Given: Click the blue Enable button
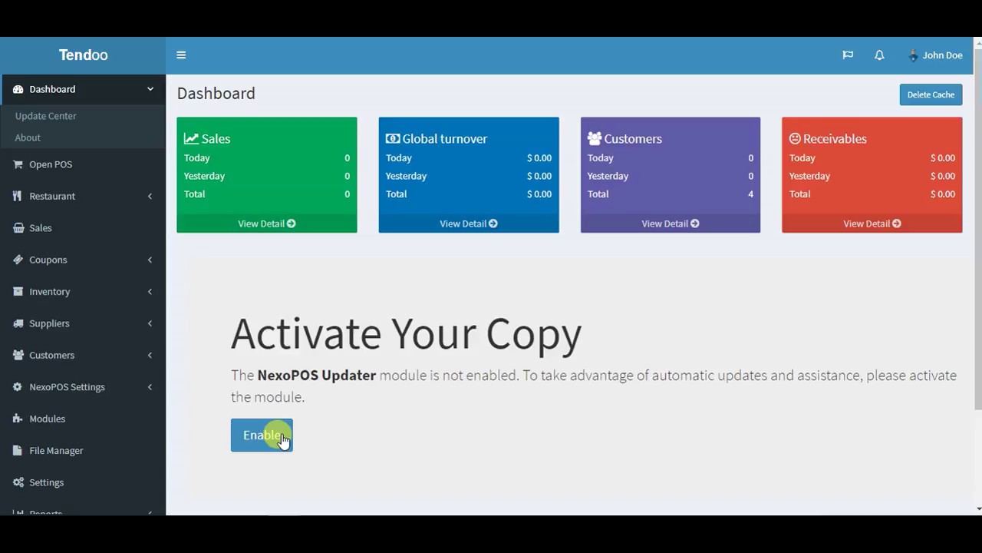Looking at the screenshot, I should [261, 435].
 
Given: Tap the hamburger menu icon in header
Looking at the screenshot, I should [181, 55].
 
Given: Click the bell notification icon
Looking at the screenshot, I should [879, 55].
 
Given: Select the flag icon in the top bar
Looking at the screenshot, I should [848, 55].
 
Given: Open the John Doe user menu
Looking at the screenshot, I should [935, 55].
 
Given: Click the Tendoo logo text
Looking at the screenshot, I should [83, 55].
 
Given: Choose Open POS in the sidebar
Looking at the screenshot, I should [50, 164].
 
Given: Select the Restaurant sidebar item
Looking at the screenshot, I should [51, 196].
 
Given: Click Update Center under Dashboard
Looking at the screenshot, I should [45, 116].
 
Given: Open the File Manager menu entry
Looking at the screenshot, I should [55, 451].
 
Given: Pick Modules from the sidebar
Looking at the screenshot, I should [47, 419].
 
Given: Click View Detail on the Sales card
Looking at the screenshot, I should [266, 224].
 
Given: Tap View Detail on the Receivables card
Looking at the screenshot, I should [872, 224].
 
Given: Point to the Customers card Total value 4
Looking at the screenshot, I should [750, 194].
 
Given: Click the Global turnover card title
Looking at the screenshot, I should [444, 139].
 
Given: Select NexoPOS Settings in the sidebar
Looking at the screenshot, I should [67, 387].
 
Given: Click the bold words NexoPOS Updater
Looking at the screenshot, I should [316, 376].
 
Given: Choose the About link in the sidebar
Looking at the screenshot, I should [28, 137].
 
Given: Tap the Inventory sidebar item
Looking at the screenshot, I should [49, 292].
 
